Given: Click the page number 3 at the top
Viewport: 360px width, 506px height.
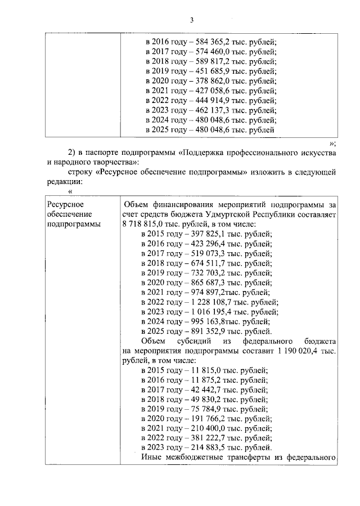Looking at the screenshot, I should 191,21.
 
